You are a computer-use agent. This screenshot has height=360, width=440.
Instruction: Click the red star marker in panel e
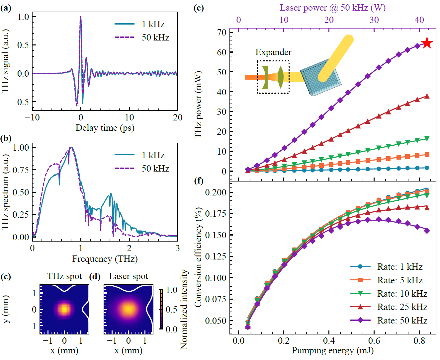coord(427,43)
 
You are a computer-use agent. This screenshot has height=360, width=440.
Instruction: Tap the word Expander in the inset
coord(273,52)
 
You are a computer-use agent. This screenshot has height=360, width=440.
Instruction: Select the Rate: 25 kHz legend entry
coord(389,307)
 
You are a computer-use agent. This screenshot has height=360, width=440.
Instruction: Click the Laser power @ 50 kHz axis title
coord(332,8)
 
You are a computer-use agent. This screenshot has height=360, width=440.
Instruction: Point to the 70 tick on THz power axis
coord(222,33)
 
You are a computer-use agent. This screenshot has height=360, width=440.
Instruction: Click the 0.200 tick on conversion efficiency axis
coord(216,192)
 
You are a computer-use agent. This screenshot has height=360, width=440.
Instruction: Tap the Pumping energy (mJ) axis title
coord(332,351)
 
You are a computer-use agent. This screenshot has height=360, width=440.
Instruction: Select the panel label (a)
coord(6,8)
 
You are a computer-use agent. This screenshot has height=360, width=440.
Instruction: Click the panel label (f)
coord(198,181)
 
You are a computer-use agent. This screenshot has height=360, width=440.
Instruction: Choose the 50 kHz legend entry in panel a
coord(142,37)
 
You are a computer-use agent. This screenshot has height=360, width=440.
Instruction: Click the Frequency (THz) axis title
coord(105,259)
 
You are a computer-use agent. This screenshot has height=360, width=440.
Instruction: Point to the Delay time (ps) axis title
coord(105,128)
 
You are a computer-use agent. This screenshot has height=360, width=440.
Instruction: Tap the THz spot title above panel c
coord(64,276)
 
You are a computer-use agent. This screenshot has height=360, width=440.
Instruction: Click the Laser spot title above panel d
coord(129,276)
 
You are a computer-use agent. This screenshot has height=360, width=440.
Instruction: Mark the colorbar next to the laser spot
coord(161,309)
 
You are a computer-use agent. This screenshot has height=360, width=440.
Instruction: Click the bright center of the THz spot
coord(64,309)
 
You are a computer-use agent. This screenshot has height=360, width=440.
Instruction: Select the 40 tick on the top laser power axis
coord(419,20)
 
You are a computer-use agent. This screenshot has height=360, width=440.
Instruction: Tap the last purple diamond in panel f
coord(427,231)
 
